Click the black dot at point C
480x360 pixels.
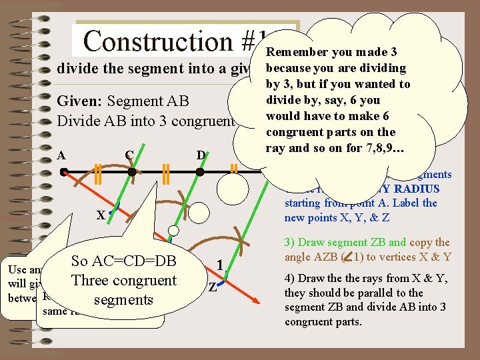(x=132, y=172)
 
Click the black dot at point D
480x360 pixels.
(x=200, y=172)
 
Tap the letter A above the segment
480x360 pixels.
(x=61, y=155)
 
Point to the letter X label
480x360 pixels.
(x=100, y=215)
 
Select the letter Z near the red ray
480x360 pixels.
(x=213, y=288)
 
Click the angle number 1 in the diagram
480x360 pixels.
(x=219, y=265)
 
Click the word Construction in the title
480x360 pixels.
(x=157, y=41)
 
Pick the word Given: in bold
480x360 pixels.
(x=80, y=101)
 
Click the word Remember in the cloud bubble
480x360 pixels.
(x=298, y=53)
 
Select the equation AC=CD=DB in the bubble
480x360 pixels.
(x=124, y=261)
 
